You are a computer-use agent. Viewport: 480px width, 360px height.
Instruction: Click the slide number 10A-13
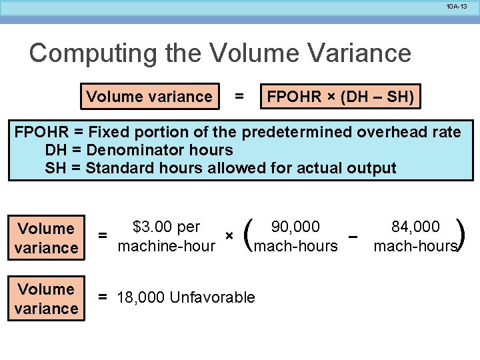(458, 6)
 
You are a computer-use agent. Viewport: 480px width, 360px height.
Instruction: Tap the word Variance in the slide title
(353, 53)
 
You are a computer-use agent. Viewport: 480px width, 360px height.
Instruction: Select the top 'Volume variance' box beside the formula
(149, 97)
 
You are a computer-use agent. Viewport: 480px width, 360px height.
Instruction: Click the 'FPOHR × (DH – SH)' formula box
(340, 97)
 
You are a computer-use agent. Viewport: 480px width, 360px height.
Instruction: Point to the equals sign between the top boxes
(239, 97)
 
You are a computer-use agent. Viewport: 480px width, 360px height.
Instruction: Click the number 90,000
(296, 227)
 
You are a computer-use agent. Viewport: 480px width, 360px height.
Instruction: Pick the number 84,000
(416, 227)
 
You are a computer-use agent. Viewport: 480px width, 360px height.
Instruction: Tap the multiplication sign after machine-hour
(229, 236)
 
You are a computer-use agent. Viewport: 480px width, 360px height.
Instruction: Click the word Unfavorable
(213, 297)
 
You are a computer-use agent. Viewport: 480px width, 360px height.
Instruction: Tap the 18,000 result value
(141, 297)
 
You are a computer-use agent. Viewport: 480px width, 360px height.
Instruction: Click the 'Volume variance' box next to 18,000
(46, 299)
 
